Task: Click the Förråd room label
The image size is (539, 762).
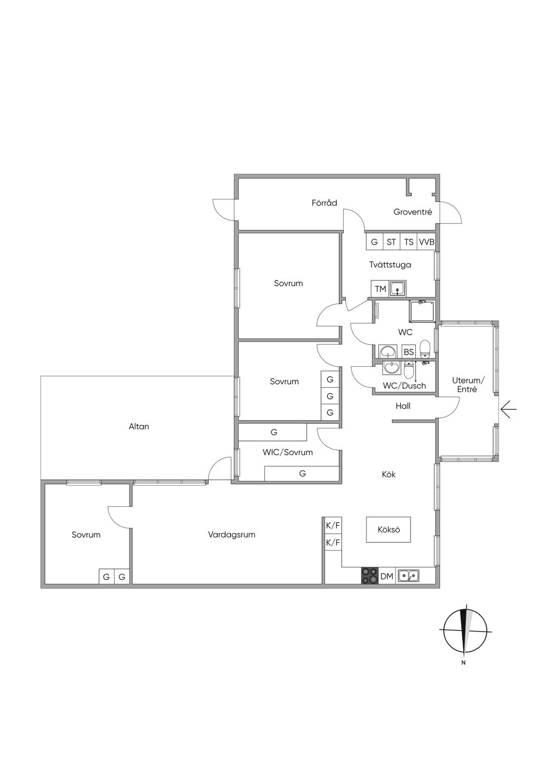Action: pos(324,203)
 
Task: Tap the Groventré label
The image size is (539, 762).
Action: pos(413,212)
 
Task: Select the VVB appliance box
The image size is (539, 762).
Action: pos(426,242)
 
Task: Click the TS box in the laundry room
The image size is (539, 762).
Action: pos(408,242)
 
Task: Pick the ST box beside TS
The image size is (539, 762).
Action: pos(391,242)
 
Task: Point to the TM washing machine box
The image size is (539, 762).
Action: pos(380,289)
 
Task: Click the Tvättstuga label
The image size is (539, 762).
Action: pos(390,264)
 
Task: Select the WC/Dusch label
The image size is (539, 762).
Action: pos(404,385)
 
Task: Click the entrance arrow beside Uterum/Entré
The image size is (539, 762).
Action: pos(508,409)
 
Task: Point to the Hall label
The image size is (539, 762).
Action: pos(403,406)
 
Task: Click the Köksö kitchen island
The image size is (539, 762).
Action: pos(388,529)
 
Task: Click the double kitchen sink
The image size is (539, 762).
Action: pos(408,576)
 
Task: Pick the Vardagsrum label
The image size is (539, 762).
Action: pos(232,535)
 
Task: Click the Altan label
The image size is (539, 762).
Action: pos(139,426)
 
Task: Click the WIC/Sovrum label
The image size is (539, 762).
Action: pos(287,452)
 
